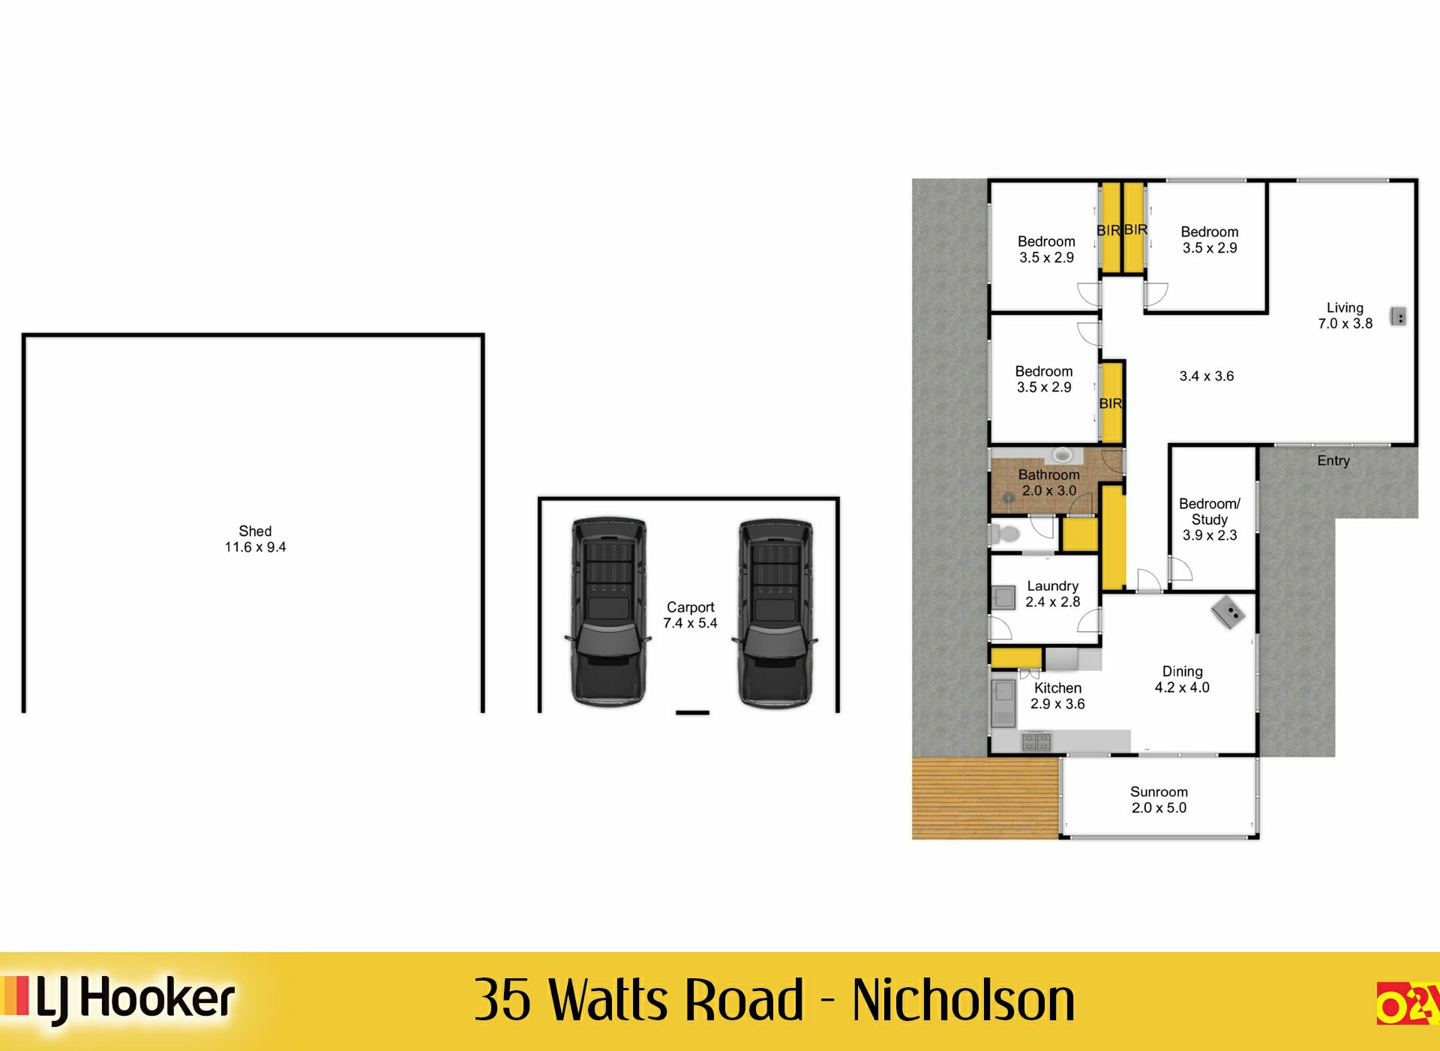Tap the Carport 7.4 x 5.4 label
(690, 615)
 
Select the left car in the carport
(608, 611)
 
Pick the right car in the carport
(775, 611)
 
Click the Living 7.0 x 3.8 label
(1345, 316)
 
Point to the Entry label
(1333, 460)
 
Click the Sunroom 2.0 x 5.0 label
(1159, 800)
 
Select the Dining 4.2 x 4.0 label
(1182, 679)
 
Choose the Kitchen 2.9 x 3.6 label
(1057, 696)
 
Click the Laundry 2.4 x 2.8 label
(1053, 594)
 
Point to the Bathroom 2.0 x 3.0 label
(1049, 483)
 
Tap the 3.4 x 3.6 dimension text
(1206, 376)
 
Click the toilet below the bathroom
(1005, 534)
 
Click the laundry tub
(1003, 597)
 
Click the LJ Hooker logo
(120, 999)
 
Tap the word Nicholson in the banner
(963, 1000)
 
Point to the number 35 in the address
(503, 1000)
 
